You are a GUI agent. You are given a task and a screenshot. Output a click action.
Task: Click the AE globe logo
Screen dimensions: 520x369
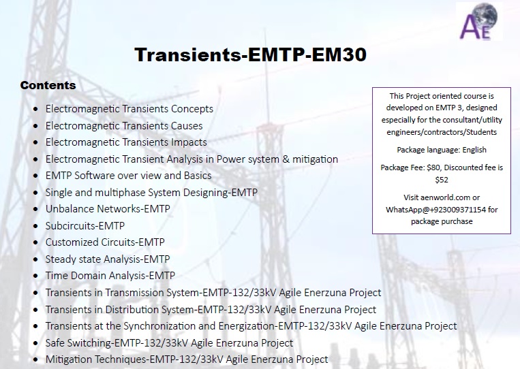pyautogui.click(x=479, y=21)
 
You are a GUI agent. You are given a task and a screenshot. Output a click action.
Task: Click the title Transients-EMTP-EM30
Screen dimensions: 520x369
pyautogui.click(x=250, y=54)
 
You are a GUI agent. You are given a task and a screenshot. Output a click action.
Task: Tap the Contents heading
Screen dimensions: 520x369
pyautogui.click(x=48, y=85)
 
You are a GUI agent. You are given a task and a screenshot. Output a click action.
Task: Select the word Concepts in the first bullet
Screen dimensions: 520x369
pyautogui.click(x=192, y=109)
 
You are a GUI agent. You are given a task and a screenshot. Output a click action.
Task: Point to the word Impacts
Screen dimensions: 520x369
pyautogui.click(x=189, y=142)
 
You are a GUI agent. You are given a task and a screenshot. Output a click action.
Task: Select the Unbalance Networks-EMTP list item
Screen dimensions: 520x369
pyautogui.click(x=108, y=209)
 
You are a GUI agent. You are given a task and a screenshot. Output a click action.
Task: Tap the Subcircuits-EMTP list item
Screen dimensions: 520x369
pyautogui.click(x=85, y=225)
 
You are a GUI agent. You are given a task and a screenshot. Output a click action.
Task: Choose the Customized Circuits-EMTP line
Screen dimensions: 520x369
pyautogui.click(x=105, y=242)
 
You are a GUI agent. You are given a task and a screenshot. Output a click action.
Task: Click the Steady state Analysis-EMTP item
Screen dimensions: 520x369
pyautogui.click(x=108, y=259)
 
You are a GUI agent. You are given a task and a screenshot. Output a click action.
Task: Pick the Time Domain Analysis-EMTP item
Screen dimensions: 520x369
pyautogui.click(x=110, y=276)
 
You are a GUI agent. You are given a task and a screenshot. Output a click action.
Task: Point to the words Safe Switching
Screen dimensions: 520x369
pyautogui.click(x=78, y=343)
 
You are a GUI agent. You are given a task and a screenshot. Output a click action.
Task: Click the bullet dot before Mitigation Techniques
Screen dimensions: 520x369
pyautogui.click(x=35, y=359)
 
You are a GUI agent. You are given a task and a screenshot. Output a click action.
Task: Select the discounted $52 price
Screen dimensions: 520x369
pyautogui.click(x=442, y=180)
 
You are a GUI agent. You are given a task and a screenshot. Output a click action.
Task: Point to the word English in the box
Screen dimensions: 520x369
pyautogui.click(x=474, y=150)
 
